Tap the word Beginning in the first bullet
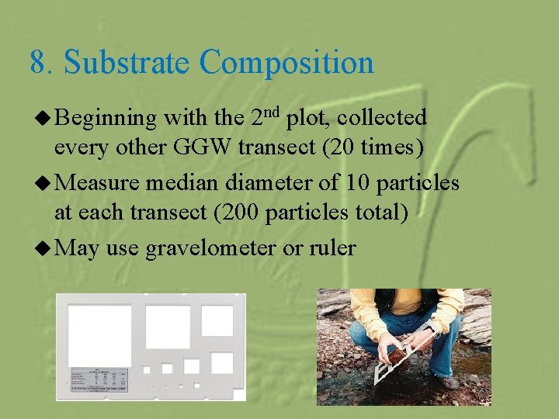[105, 119]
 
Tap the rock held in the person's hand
[402, 353]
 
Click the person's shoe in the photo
[449, 382]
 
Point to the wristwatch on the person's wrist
[429, 328]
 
